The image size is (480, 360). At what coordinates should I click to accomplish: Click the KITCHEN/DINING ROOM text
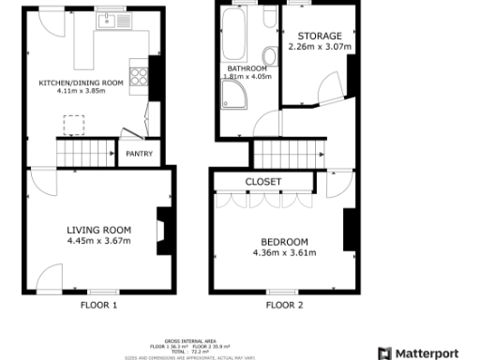click(x=81, y=83)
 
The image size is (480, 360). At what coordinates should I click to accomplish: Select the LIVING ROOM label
click(x=98, y=230)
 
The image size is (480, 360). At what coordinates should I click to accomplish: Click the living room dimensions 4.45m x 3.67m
click(x=98, y=241)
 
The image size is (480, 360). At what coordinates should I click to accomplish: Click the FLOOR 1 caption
click(x=98, y=306)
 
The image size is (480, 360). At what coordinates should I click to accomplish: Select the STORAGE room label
click(x=320, y=36)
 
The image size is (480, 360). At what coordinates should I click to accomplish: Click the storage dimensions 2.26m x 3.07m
click(x=320, y=47)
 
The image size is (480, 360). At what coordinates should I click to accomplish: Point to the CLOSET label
click(x=263, y=182)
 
